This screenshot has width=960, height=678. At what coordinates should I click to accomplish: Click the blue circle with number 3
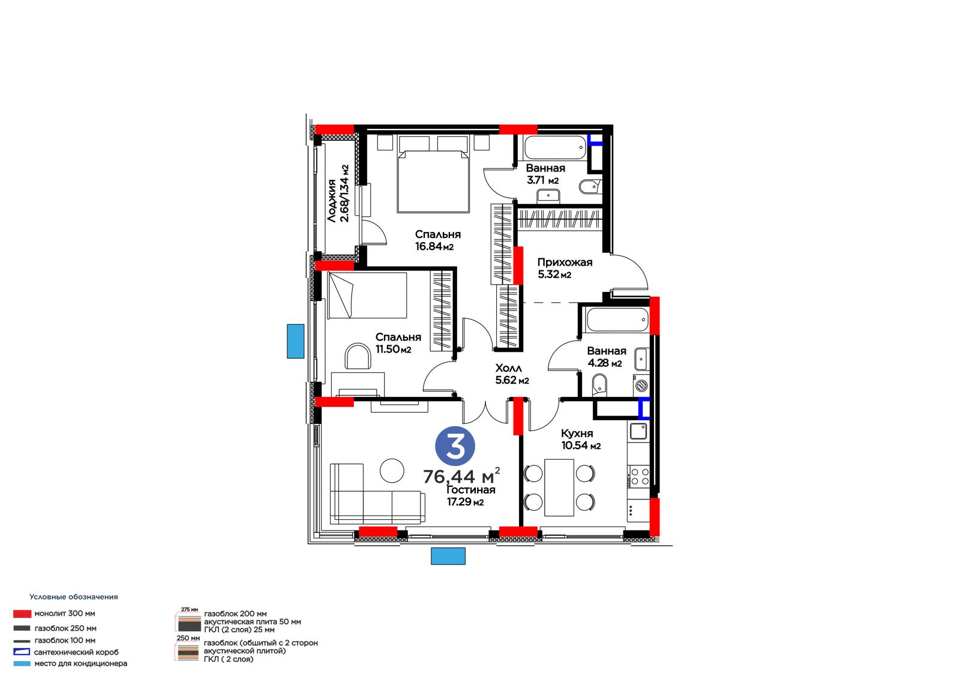[455, 446]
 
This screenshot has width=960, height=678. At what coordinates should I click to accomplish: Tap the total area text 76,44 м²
[461, 476]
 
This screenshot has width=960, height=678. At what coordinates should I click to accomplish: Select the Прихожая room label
[565, 262]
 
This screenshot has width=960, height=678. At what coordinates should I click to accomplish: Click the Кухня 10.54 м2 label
[581, 439]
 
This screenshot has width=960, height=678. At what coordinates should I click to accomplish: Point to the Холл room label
[509, 368]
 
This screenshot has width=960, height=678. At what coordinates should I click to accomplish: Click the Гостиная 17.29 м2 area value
[466, 502]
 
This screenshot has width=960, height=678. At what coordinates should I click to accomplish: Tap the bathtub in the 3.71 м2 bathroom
[555, 147]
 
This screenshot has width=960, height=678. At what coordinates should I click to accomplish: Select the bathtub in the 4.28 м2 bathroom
[617, 320]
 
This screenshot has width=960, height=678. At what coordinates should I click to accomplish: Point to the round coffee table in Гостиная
[392, 470]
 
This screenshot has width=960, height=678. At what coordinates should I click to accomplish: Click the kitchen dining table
[559, 487]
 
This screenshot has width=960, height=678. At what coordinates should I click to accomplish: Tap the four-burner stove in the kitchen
[638, 477]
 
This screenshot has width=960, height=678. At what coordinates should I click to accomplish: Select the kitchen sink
[638, 431]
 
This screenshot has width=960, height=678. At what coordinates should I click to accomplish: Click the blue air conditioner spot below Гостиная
[448, 556]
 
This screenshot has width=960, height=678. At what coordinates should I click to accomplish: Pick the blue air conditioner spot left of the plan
[295, 341]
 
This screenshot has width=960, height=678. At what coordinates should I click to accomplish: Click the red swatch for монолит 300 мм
[22, 614]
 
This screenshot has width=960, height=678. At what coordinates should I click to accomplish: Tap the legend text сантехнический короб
[76, 652]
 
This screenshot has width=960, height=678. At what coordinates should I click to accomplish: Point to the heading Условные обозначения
[73, 596]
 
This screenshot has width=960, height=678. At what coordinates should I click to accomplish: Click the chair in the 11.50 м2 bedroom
[358, 356]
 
